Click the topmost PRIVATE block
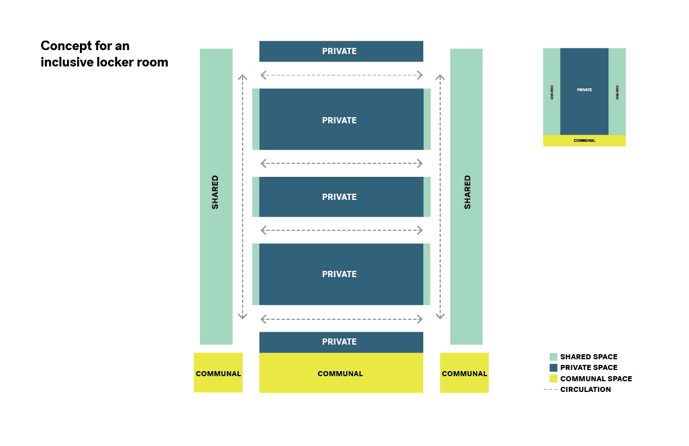tap(341, 51)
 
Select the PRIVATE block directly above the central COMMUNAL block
tap(341, 342)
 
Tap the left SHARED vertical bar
tap(216, 196)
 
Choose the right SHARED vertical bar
tap(466, 196)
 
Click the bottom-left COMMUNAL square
tap(218, 373)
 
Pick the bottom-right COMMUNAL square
tap(464, 373)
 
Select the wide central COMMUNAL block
tap(341, 373)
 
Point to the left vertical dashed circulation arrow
tap(243, 196)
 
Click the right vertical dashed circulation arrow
tap(440, 196)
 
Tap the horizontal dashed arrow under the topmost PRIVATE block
tap(341, 75)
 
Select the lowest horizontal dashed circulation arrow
tap(341, 319)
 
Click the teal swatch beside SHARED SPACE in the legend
tap(553, 356)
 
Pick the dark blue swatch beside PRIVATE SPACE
tap(553, 367)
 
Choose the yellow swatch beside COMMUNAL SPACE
tap(553, 378)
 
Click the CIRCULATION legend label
tap(585, 389)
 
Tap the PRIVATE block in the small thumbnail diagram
tap(584, 91)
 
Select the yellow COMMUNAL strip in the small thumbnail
tap(584, 141)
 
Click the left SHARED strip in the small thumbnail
tap(552, 91)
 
